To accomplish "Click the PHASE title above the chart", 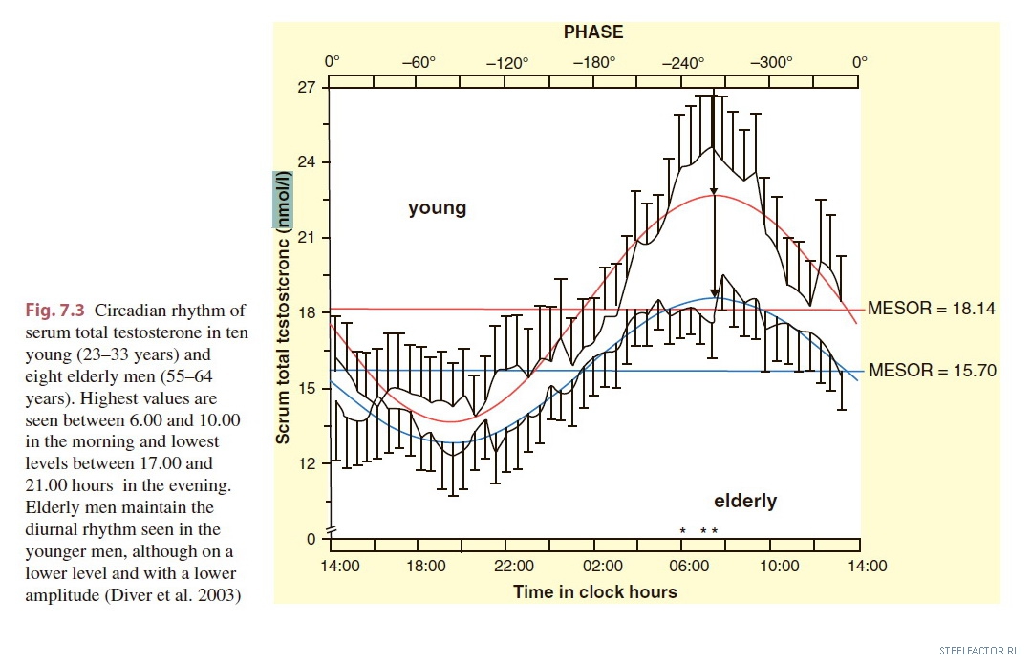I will click(592, 32).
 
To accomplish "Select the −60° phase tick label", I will click(418, 63).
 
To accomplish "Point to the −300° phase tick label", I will click(771, 63).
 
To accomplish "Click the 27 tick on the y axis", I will click(308, 87).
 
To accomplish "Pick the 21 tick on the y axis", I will click(308, 238).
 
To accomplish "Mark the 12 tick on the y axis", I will click(308, 463).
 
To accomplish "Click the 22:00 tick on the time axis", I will click(516, 566).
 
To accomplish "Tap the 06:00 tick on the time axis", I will click(692, 566).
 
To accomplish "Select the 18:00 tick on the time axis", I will click(427, 566).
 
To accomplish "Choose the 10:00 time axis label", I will click(780, 566).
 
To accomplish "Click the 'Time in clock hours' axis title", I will click(594, 591).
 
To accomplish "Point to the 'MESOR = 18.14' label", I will click(932, 309).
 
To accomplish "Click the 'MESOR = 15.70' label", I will click(932, 371).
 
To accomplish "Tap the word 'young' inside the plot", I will click(437, 207).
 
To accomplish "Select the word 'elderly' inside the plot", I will click(745, 501).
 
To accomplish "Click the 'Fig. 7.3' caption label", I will click(55, 310).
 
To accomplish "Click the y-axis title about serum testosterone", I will click(283, 308).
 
